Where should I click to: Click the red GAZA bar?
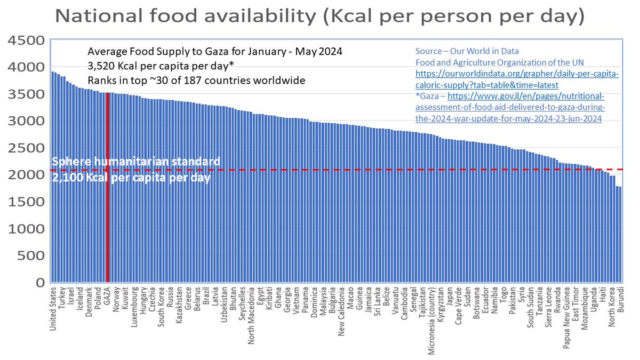pos(107,187)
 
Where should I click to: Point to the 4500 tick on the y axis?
pos(23,41)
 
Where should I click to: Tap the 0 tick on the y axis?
pos(39,283)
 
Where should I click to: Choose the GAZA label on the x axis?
pos(107,297)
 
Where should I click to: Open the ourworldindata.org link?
pos(517,80)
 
